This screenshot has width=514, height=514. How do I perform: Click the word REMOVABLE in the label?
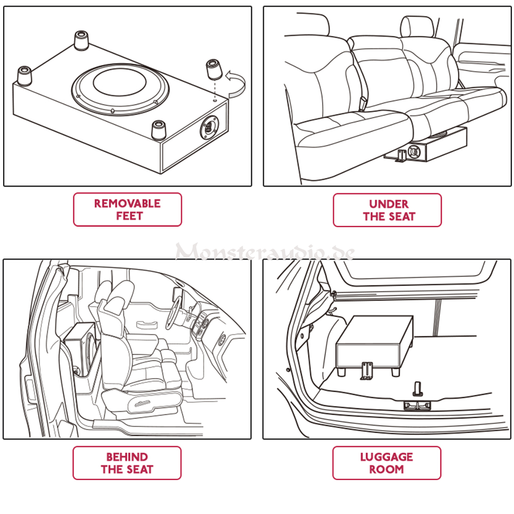[127, 204]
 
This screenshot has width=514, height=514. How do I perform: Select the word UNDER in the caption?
[388, 204]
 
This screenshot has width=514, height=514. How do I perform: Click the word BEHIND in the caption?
[127, 457]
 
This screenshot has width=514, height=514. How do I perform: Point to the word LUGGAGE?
[387, 457]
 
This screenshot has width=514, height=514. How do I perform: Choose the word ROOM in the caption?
[387, 469]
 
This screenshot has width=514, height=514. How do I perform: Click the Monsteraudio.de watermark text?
[265, 252]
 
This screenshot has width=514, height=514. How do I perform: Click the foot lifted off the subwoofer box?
[213, 69]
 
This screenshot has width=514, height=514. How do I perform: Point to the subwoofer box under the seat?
[432, 146]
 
